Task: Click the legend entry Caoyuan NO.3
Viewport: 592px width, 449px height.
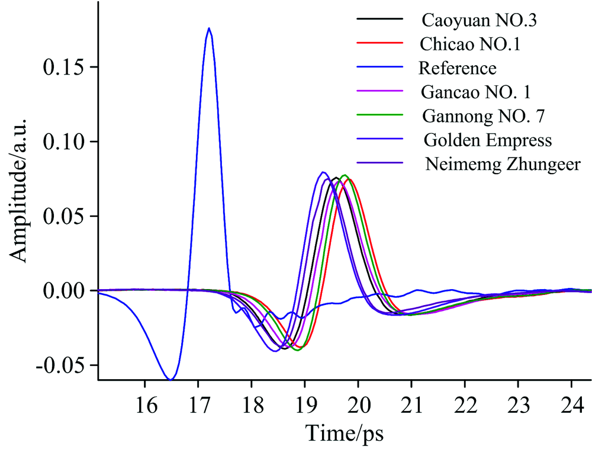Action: [x=482, y=20]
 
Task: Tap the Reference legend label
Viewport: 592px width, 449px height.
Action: [x=458, y=69]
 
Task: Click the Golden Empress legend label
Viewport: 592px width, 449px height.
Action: [x=488, y=141]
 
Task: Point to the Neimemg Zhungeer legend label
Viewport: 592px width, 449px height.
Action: [x=503, y=165]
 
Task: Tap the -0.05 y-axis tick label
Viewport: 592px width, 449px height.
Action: [x=62, y=365]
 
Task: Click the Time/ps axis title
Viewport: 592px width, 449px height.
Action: [x=345, y=433]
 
